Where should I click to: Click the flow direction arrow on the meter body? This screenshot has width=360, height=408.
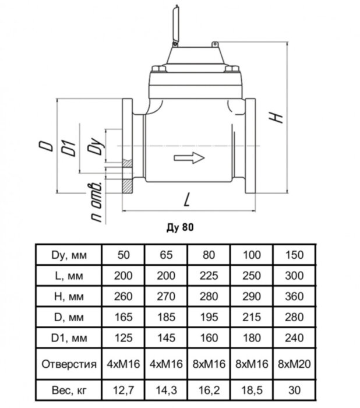click(189, 158)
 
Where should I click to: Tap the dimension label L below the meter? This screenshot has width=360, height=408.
click(187, 199)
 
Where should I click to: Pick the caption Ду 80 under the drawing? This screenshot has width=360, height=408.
click(180, 227)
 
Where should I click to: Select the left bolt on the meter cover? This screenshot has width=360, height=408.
click(158, 68)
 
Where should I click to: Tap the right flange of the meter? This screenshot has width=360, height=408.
click(250, 146)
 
